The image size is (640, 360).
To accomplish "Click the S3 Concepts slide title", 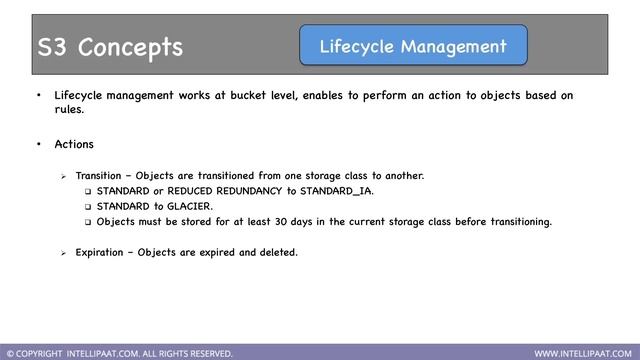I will [x=110, y=47].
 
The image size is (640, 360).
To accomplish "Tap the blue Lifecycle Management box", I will [x=413, y=46].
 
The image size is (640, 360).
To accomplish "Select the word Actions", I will [x=74, y=145].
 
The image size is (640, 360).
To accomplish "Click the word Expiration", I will [x=104, y=252].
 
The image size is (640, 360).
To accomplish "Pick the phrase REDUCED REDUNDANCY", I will [x=205, y=190].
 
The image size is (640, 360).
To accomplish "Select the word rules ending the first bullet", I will [x=68, y=111].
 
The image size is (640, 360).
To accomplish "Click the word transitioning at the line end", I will [x=514, y=221].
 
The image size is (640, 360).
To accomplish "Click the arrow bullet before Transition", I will [x=64, y=176].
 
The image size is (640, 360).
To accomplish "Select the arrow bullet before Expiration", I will [x=64, y=253].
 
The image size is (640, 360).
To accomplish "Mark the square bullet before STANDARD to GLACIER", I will [x=87, y=206].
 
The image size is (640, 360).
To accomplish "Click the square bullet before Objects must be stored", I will [x=87, y=222].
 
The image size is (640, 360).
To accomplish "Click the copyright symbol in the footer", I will [x=10, y=353].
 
